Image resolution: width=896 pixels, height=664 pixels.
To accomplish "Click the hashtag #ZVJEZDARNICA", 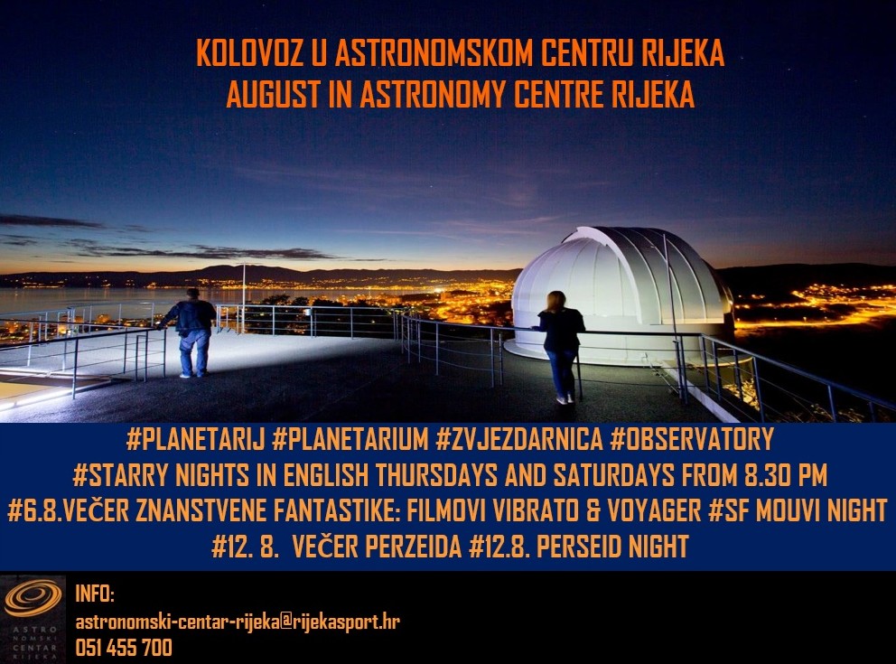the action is click(518, 439).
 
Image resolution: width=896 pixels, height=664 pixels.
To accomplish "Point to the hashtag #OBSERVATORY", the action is click(692, 439).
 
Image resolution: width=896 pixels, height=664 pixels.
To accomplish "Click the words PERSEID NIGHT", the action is click(612, 547).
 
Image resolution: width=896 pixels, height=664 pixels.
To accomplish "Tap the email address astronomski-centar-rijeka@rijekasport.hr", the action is click(238, 622).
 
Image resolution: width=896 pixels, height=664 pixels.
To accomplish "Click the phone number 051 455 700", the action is click(124, 648).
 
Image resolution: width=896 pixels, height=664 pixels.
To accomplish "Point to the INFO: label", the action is click(95, 594).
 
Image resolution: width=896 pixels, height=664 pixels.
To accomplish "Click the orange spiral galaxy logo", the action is click(33, 598).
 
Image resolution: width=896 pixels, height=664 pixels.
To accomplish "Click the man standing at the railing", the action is click(192, 332).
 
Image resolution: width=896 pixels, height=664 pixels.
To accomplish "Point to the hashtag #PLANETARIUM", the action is click(350, 439).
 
